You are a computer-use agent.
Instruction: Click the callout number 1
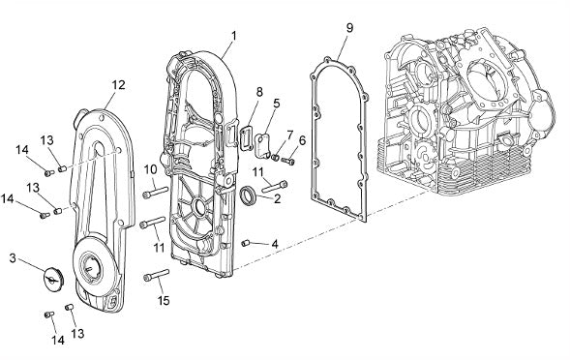[234, 36]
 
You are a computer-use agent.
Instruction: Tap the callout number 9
[349, 28]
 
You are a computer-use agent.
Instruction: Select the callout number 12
[118, 85]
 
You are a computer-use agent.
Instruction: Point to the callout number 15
[164, 301]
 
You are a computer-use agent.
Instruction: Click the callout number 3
[13, 258]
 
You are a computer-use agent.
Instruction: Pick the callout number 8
[259, 92]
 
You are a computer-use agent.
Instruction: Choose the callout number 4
[275, 244]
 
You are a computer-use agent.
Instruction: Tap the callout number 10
[151, 169]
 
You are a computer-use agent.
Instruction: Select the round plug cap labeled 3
[54, 279]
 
